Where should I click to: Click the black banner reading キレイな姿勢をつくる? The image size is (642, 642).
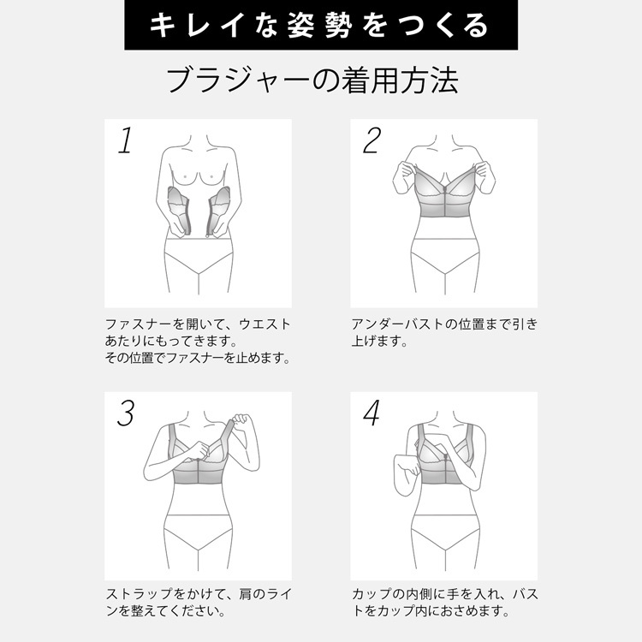click(x=321, y=25)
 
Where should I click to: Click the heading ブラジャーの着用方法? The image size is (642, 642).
click(x=312, y=80)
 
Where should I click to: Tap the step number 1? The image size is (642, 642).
click(x=126, y=140)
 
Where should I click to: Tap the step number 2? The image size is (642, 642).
click(x=372, y=140)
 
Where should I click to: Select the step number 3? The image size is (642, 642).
click(x=126, y=413)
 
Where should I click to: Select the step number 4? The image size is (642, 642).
click(x=372, y=413)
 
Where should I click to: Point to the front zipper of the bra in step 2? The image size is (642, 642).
click(x=445, y=200)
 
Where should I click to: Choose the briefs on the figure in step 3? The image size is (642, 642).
click(x=199, y=532)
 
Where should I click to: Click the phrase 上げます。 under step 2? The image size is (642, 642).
click(x=379, y=341)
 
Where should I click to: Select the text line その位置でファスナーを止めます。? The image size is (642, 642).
click(x=198, y=359)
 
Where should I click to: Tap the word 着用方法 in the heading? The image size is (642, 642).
click(x=400, y=80)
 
